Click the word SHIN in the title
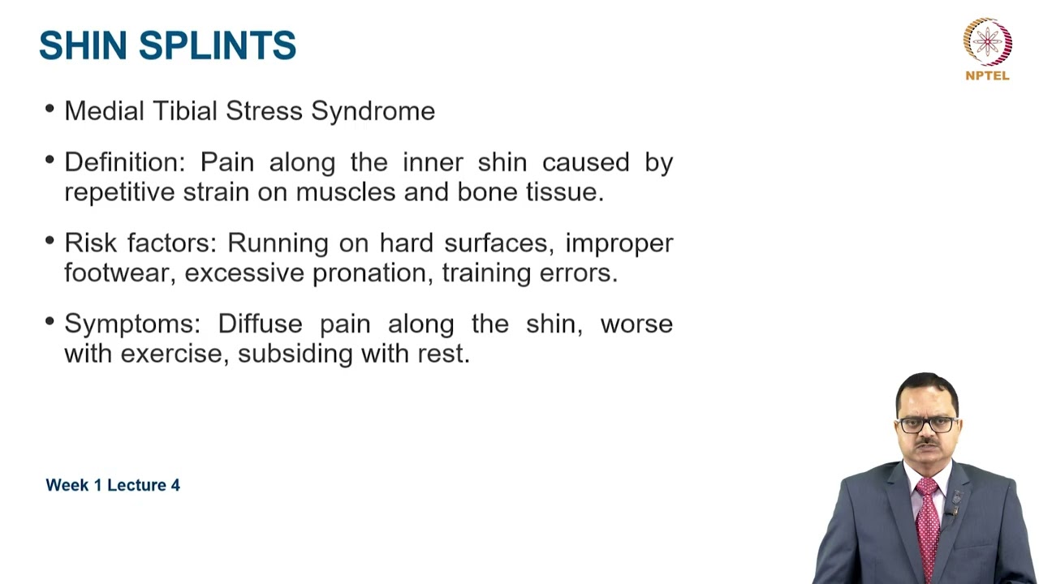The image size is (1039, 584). point(84,45)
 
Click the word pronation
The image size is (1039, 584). point(369,273)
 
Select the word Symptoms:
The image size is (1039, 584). point(132,324)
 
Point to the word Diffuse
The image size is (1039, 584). point(260,324)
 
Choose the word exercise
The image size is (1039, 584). point(172,354)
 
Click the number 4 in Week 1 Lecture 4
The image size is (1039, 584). point(175,485)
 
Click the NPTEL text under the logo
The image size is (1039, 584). point(987,75)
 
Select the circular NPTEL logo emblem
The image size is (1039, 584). point(987,41)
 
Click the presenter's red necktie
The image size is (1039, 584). point(927,519)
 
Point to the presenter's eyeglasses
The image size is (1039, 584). point(929,424)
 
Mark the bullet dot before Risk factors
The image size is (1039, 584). point(50,241)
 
